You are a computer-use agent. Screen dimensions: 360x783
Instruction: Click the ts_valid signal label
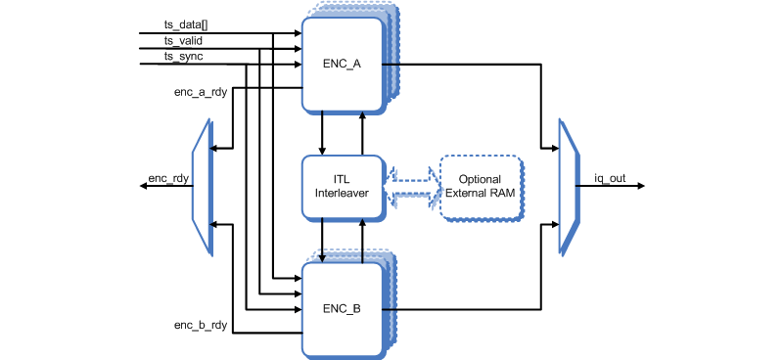coord(183,40)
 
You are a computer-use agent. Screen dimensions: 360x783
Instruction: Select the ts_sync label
coord(183,58)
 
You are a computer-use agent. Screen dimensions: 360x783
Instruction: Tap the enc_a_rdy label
coord(201,93)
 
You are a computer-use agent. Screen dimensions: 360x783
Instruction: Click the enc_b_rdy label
coord(201,323)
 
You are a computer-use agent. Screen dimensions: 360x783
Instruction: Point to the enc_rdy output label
coord(167,179)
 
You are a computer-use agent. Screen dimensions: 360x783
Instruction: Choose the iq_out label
coord(611,179)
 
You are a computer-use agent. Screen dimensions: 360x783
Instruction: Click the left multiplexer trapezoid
coord(204,186)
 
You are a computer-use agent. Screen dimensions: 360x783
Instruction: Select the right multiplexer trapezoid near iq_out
coord(569,186)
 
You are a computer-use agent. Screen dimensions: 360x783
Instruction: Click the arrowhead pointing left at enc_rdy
coord(144,186)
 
